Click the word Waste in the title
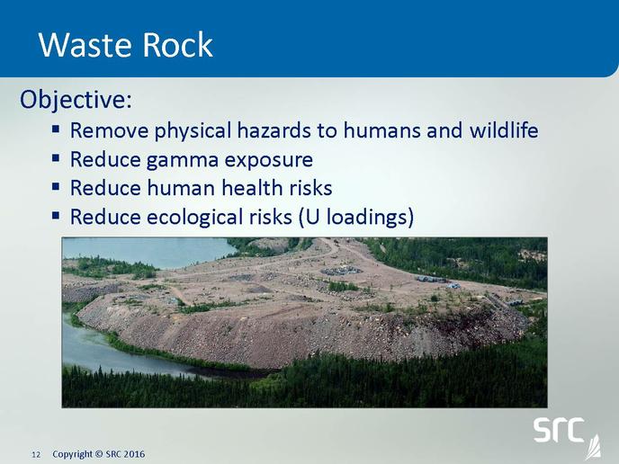[85, 45]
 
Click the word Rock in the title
[177, 44]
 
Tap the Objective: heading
[76, 99]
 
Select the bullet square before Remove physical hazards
[56, 129]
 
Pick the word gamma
[183, 161]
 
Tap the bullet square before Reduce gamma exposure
[56, 158]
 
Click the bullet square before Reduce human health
[56, 186]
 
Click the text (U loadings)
[356, 217]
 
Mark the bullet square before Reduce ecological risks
[56, 216]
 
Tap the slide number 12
[36, 455]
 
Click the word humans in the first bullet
[381, 129]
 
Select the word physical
[193, 129]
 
